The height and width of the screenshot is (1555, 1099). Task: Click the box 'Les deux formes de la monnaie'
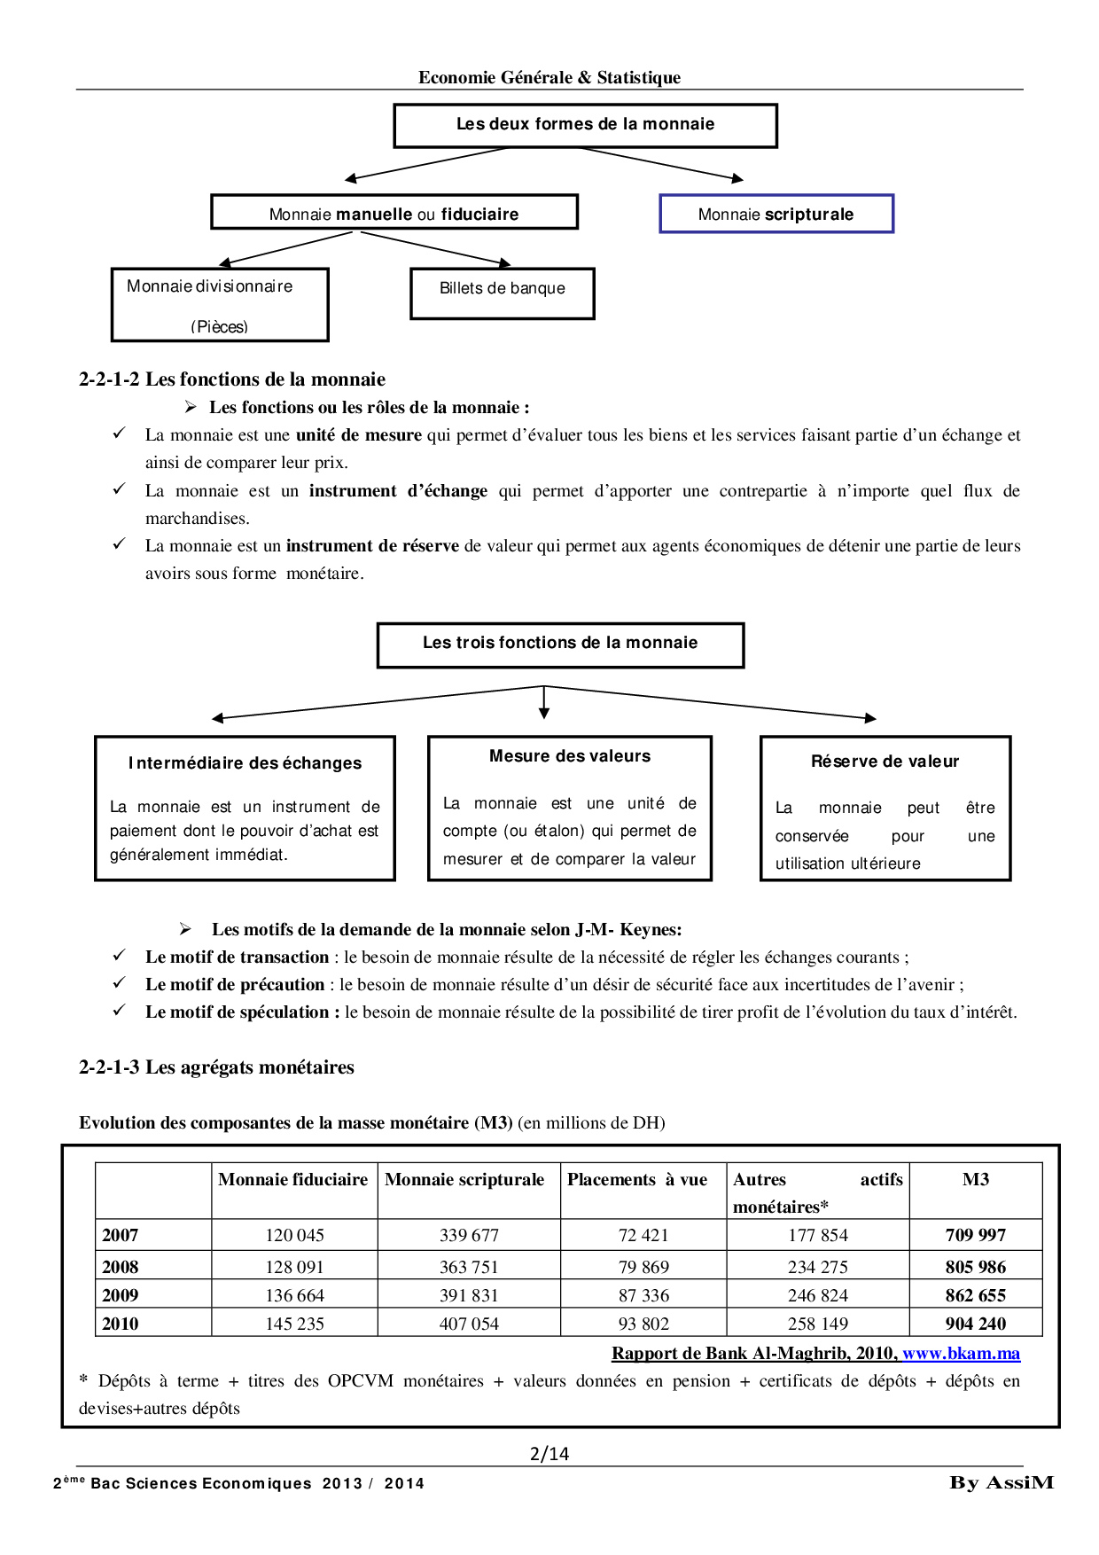[585, 125]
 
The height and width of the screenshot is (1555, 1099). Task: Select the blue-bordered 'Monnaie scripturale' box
[776, 215]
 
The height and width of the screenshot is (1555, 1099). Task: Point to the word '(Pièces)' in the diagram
[219, 327]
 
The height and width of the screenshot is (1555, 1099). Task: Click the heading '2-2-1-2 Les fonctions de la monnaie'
[232, 379]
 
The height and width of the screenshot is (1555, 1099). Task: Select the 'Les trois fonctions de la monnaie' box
[560, 644]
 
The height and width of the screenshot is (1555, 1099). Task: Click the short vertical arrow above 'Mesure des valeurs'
[544, 702]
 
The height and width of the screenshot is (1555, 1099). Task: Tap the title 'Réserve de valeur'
[885, 762]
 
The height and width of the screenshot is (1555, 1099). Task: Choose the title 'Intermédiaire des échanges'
[246, 763]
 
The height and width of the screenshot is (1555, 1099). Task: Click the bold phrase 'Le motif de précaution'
[235, 985]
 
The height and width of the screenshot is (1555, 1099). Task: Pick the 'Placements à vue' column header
[637, 1180]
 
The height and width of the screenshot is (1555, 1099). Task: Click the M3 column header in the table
[976, 1180]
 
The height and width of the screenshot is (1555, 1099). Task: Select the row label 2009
[121, 1295]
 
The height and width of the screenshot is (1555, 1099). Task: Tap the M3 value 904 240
[976, 1324]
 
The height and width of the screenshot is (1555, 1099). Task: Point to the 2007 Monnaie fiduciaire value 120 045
[294, 1235]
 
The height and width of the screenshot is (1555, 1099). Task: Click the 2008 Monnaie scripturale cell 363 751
[469, 1267]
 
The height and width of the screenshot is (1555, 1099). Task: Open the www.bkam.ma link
[961, 1354]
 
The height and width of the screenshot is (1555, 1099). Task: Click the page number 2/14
[549, 1454]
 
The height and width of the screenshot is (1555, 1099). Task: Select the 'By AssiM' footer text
[1002, 1482]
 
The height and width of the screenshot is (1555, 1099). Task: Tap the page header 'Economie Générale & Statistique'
[549, 78]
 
